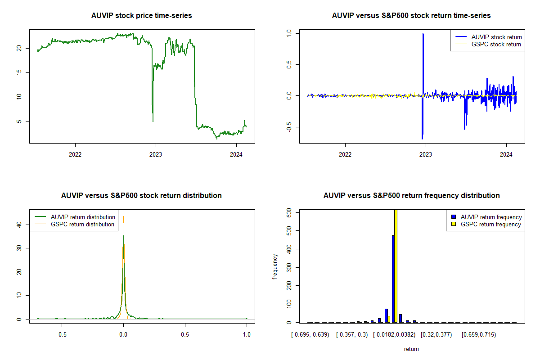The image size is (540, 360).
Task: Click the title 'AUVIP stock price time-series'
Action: click(142, 16)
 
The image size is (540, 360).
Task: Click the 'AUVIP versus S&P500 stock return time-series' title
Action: click(411, 16)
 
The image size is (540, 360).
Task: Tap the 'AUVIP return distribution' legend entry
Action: click(83, 217)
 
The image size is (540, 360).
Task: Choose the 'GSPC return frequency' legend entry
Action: click(491, 224)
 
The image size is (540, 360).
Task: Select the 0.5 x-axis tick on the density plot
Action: click(185, 335)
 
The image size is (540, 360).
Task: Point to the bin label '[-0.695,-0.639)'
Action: click(310, 335)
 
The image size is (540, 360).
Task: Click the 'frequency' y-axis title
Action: click(275, 266)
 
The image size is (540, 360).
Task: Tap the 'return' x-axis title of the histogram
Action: click(411, 349)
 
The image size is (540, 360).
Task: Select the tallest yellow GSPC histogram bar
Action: click(396, 265)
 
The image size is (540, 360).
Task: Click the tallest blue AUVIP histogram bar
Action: click(393, 279)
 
